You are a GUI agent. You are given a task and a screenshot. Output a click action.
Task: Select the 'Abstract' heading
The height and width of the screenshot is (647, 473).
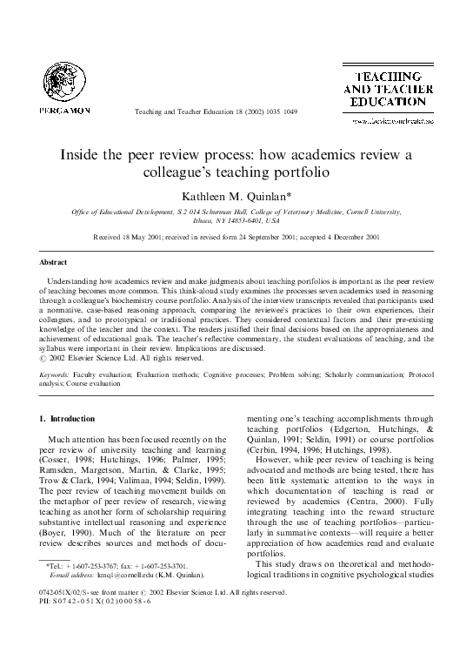pos(54,261)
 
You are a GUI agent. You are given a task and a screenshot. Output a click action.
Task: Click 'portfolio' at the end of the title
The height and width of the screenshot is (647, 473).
pos(310,172)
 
